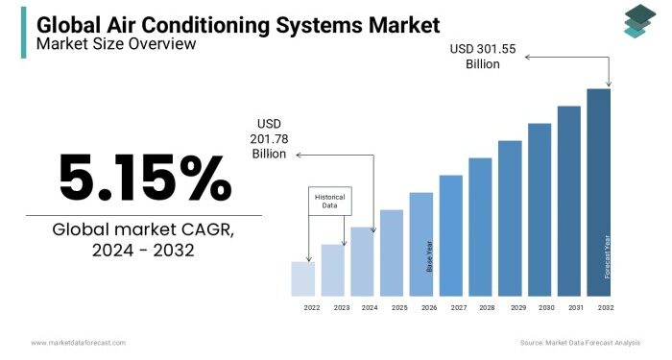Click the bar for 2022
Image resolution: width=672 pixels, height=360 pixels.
click(302, 278)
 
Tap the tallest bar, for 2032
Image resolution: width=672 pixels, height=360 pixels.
click(598, 192)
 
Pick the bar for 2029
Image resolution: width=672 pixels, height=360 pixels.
click(510, 218)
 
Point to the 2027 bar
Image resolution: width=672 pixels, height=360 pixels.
click(450, 235)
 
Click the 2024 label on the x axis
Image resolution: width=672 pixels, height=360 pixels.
click(370, 307)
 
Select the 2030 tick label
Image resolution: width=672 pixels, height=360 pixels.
click(546, 307)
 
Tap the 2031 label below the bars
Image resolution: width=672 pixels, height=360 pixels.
click(576, 307)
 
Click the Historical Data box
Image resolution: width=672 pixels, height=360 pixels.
click(330, 201)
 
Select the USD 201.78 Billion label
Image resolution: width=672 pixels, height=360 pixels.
click(271, 138)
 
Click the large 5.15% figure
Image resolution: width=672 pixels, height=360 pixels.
click(144, 178)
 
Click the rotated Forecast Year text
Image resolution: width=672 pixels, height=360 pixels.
click(607, 256)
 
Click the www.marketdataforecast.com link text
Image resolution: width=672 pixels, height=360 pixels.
click(78, 343)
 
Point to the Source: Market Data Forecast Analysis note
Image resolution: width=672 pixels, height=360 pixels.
click(580, 343)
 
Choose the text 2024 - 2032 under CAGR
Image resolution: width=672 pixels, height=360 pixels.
click(144, 251)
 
